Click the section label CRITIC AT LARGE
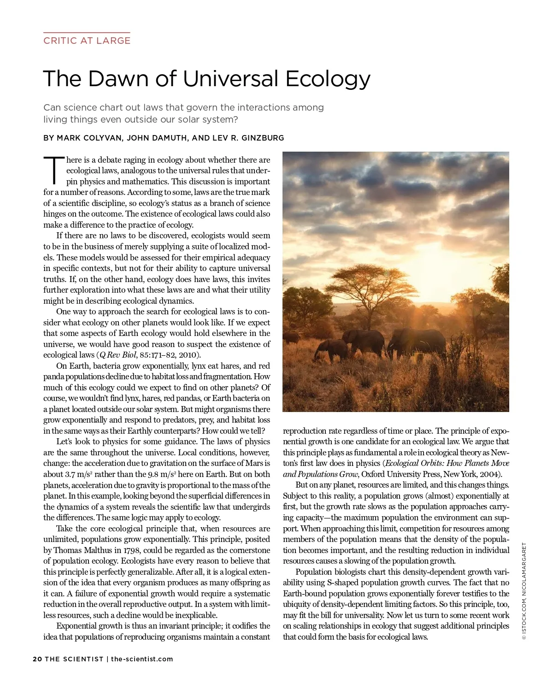click(87, 41)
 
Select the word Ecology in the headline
click(328, 79)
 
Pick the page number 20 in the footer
click(37, 659)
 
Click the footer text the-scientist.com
click(142, 659)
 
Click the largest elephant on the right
click(417, 343)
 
